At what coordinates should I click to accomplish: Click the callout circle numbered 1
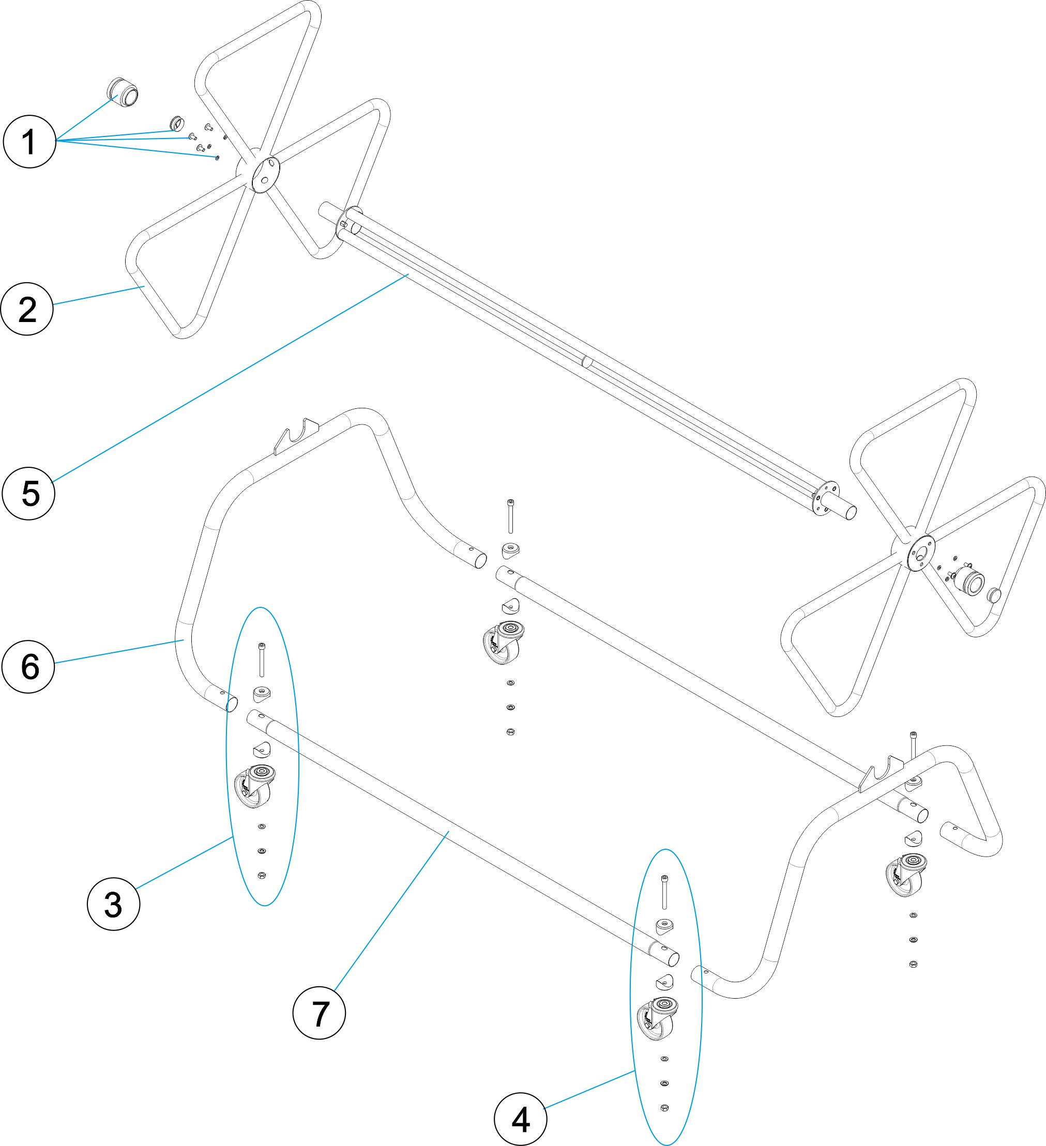tap(29, 142)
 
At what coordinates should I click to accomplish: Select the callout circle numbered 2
tap(27, 309)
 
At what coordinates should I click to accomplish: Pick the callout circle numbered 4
tap(520, 1120)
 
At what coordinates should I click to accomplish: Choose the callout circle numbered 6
tap(28, 666)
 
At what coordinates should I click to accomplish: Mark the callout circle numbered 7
tap(319, 1013)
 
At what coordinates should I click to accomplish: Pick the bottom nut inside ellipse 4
tap(664, 1107)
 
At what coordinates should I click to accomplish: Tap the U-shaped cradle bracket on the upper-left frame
tap(296, 435)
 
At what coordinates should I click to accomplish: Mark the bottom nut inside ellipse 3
tap(262, 876)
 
